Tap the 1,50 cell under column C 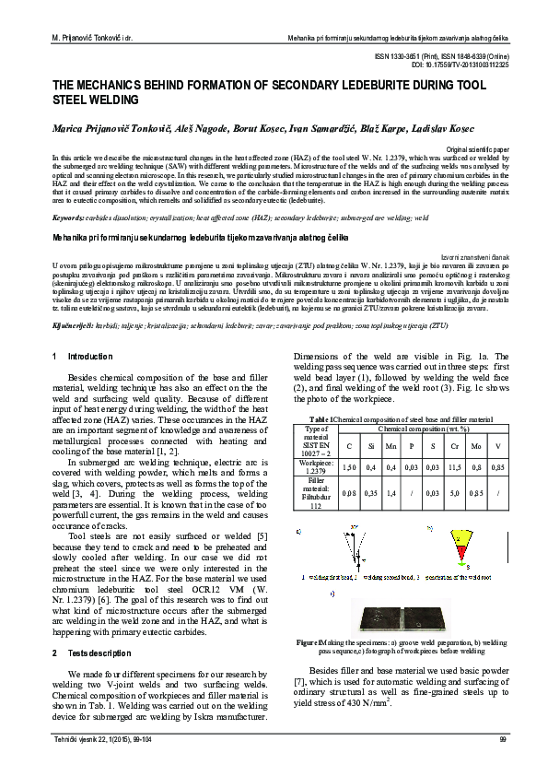tap(349, 468)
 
